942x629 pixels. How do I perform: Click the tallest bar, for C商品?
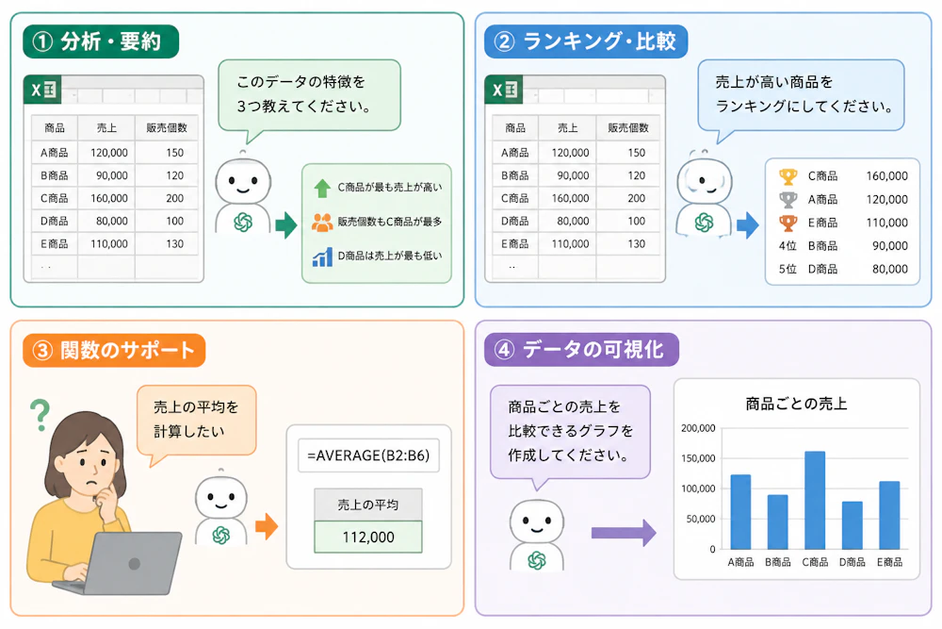click(815, 501)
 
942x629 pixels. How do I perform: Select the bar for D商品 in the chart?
click(852, 525)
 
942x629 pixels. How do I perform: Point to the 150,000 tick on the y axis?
click(698, 458)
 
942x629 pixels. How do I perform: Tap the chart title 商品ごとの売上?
click(796, 404)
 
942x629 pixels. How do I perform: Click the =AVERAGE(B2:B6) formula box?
click(368, 455)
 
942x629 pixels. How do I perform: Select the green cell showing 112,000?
click(368, 537)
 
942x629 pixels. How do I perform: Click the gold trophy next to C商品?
click(788, 176)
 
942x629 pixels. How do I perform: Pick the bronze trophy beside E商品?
click(788, 223)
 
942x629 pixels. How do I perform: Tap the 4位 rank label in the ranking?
click(788, 246)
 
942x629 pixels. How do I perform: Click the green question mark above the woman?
click(41, 415)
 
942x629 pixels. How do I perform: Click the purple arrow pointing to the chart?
click(624, 533)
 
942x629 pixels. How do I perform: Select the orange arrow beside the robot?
click(267, 526)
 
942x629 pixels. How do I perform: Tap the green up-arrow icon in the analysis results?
click(322, 189)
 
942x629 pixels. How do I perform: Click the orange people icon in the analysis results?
click(322, 223)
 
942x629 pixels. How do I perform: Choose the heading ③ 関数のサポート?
click(114, 350)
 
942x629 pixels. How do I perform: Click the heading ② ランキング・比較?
click(586, 41)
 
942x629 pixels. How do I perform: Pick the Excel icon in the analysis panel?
click(42, 91)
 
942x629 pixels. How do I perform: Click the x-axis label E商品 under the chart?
click(889, 562)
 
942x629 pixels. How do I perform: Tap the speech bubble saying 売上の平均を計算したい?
click(197, 420)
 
